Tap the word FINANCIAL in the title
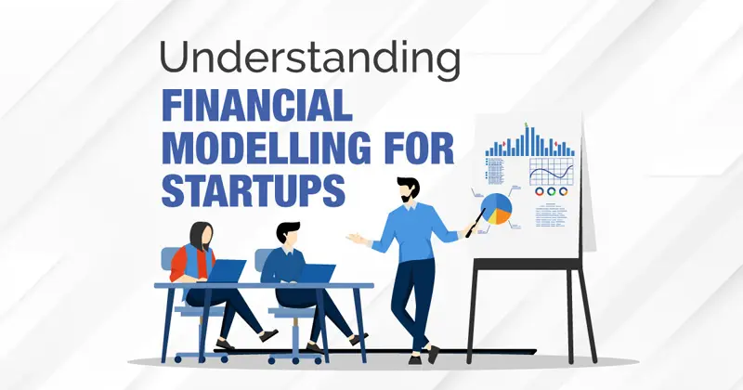(257, 105)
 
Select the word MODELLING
(267, 147)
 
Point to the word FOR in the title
(419, 147)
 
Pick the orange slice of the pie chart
(503, 215)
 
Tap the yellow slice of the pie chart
(491, 217)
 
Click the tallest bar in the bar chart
(532, 141)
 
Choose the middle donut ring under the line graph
(551, 191)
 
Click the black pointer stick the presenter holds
(476, 223)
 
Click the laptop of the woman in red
(226, 271)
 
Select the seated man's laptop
(316, 274)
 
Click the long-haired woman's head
(202, 236)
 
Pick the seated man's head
(288, 234)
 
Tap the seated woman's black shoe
(268, 335)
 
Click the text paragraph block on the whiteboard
(551, 215)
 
